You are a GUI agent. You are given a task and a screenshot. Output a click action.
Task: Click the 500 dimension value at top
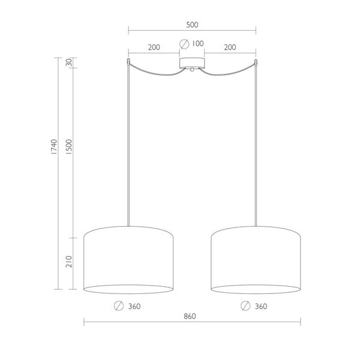(x=192, y=25)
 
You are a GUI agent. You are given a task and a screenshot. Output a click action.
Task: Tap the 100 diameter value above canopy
(x=198, y=44)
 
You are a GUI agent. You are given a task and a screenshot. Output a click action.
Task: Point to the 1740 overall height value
(x=53, y=148)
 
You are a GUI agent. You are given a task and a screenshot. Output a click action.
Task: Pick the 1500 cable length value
(x=69, y=148)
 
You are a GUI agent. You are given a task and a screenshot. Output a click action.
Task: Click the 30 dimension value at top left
(x=69, y=62)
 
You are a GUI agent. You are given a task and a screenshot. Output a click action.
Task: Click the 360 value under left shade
(x=134, y=306)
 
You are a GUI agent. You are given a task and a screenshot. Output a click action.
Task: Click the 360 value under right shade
(x=261, y=306)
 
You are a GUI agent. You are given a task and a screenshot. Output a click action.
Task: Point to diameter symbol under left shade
(x=118, y=306)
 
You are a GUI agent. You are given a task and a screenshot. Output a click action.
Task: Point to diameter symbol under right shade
(x=245, y=306)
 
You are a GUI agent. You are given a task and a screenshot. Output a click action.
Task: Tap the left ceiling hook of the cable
(x=128, y=62)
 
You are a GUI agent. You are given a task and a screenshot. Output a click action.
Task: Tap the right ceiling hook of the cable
(x=256, y=62)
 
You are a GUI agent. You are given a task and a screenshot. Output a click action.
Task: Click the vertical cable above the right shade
(x=256, y=150)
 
